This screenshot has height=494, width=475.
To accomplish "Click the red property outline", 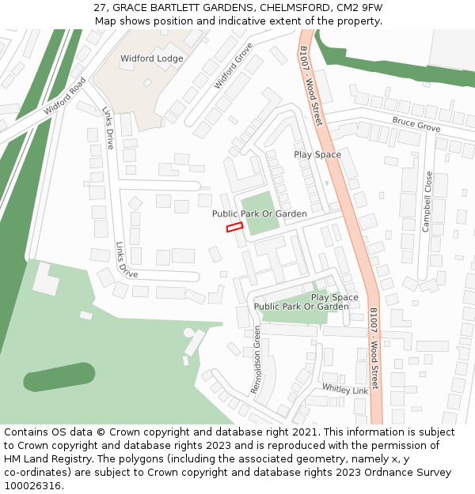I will pyautogui.click(x=234, y=228).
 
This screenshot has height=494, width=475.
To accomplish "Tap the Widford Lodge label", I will pyautogui.click(x=151, y=58).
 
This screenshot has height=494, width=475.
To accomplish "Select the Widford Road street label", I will pyautogui.click(x=64, y=96).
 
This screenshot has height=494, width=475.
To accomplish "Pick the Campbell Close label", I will pyautogui.click(x=427, y=201).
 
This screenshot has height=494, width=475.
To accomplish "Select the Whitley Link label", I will pyautogui.click(x=345, y=389).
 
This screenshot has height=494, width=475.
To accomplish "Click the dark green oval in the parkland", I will pyautogui.click(x=60, y=376).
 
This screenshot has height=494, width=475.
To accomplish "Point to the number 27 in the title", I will pyautogui.click(x=100, y=8).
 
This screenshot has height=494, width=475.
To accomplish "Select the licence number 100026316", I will pyautogui.click(x=32, y=486).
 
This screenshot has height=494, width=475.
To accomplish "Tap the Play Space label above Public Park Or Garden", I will pyautogui.click(x=334, y=297).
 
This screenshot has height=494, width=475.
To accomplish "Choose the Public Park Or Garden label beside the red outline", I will pyautogui.click(x=259, y=214).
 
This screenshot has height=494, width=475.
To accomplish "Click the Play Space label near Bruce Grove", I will pyautogui.click(x=317, y=154).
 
